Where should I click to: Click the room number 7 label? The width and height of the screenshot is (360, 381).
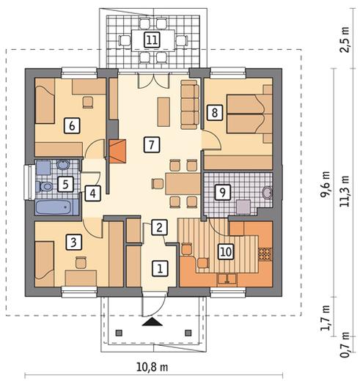[152, 145]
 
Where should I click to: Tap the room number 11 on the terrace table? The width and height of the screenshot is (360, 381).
[152, 40]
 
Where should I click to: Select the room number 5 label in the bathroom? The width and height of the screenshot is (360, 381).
[66, 185]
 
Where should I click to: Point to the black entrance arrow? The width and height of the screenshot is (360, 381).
[153, 322]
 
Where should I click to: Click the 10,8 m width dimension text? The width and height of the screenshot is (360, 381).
[152, 367]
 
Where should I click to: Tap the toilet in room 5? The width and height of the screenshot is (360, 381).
[44, 187]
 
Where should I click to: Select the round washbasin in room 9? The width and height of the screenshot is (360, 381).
[267, 193]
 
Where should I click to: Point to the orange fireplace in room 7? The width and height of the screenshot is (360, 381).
[117, 151]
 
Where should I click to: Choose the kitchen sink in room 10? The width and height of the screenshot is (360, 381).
[227, 279]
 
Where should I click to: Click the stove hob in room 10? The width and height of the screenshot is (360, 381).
[265, 254]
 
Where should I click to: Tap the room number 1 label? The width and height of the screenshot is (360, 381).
[160, 269]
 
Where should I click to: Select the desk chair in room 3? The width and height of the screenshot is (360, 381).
[81, 263]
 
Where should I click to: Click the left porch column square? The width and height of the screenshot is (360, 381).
[119, 333]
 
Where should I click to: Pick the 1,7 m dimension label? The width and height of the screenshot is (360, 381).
[326, 318]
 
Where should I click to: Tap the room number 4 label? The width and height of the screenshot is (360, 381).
[92, 193]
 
